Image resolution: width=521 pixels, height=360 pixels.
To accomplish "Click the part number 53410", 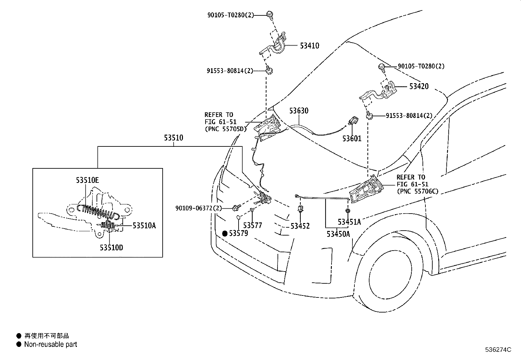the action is [x=309, y=46].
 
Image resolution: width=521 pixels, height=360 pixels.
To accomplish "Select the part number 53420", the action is [x=419, y=86].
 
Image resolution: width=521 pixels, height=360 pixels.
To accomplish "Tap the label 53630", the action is [x=299, y=111].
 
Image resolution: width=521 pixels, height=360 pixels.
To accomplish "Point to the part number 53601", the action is [x=352, y=139].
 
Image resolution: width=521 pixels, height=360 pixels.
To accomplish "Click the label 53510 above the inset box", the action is [x=173, y=138].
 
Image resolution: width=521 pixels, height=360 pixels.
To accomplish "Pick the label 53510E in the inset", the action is [x=87, y=180].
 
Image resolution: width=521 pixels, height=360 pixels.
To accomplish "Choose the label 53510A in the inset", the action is [x=144, y=225].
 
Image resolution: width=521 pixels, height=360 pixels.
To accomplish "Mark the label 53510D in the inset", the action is [x=111, y=248].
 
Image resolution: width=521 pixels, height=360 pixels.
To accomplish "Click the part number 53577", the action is [x=253, y=225].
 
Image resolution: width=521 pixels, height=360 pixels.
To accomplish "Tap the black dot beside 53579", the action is [x=225, y=234].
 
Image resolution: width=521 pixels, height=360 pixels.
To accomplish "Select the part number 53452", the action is [x=300, y=226].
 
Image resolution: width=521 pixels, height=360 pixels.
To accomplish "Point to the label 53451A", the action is [x=349, y=222].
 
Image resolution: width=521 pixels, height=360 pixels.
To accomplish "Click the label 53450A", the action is [x=338, y=234].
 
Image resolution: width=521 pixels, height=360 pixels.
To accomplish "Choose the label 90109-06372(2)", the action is [x=199, y=208].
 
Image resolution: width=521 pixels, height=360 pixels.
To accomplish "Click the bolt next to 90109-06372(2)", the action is [x=237, y=207].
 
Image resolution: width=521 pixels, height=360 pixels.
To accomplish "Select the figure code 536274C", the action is [x=498, y=350].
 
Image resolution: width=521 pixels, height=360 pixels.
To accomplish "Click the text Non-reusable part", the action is [x=50, y=344].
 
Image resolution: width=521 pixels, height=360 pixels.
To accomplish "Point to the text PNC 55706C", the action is [x=418, y=191].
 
